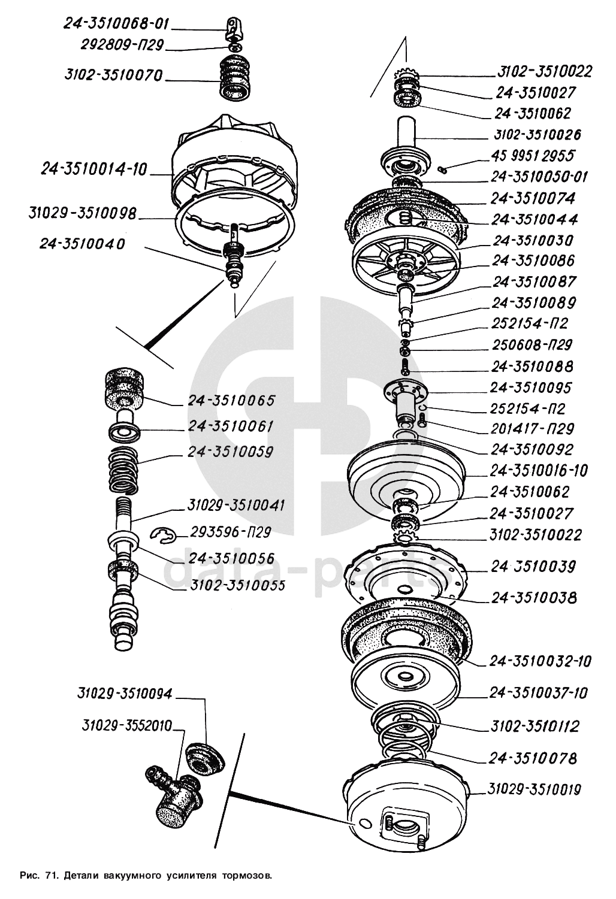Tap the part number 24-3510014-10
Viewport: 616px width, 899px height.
click(x=94, y=169)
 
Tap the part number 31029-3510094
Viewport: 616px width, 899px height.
click(x=125, y=694)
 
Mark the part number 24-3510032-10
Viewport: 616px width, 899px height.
click(x=540, y=661)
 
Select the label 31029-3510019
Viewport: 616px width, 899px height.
click(x=535, y=789)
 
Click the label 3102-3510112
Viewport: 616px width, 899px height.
click(x=535, y=727)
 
